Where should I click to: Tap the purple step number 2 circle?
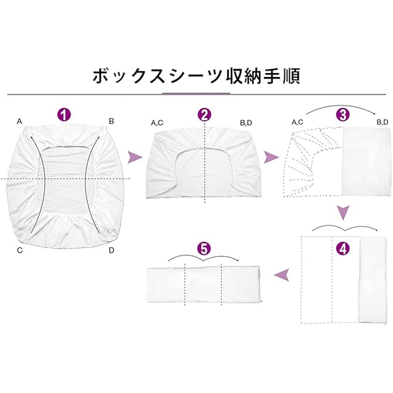click(x=204, y=114)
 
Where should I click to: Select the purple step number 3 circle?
click(x=343, y=114)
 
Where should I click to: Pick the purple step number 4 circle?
click(x=343, y=249)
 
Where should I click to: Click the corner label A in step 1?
click(x=20, y=122)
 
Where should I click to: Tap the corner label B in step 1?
click(x=111, y=122)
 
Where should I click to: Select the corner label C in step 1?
click(x=20, y=250)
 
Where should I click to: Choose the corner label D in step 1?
click(x=111, y=250)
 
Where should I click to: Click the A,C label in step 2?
click(x=157, y=123)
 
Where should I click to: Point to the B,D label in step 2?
click(x=246, y=123)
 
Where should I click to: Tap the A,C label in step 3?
click(x=298, y=123)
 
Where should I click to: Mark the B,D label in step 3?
click(x=381, y=123)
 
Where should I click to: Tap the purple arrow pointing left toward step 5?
click(x=282, y=274)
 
